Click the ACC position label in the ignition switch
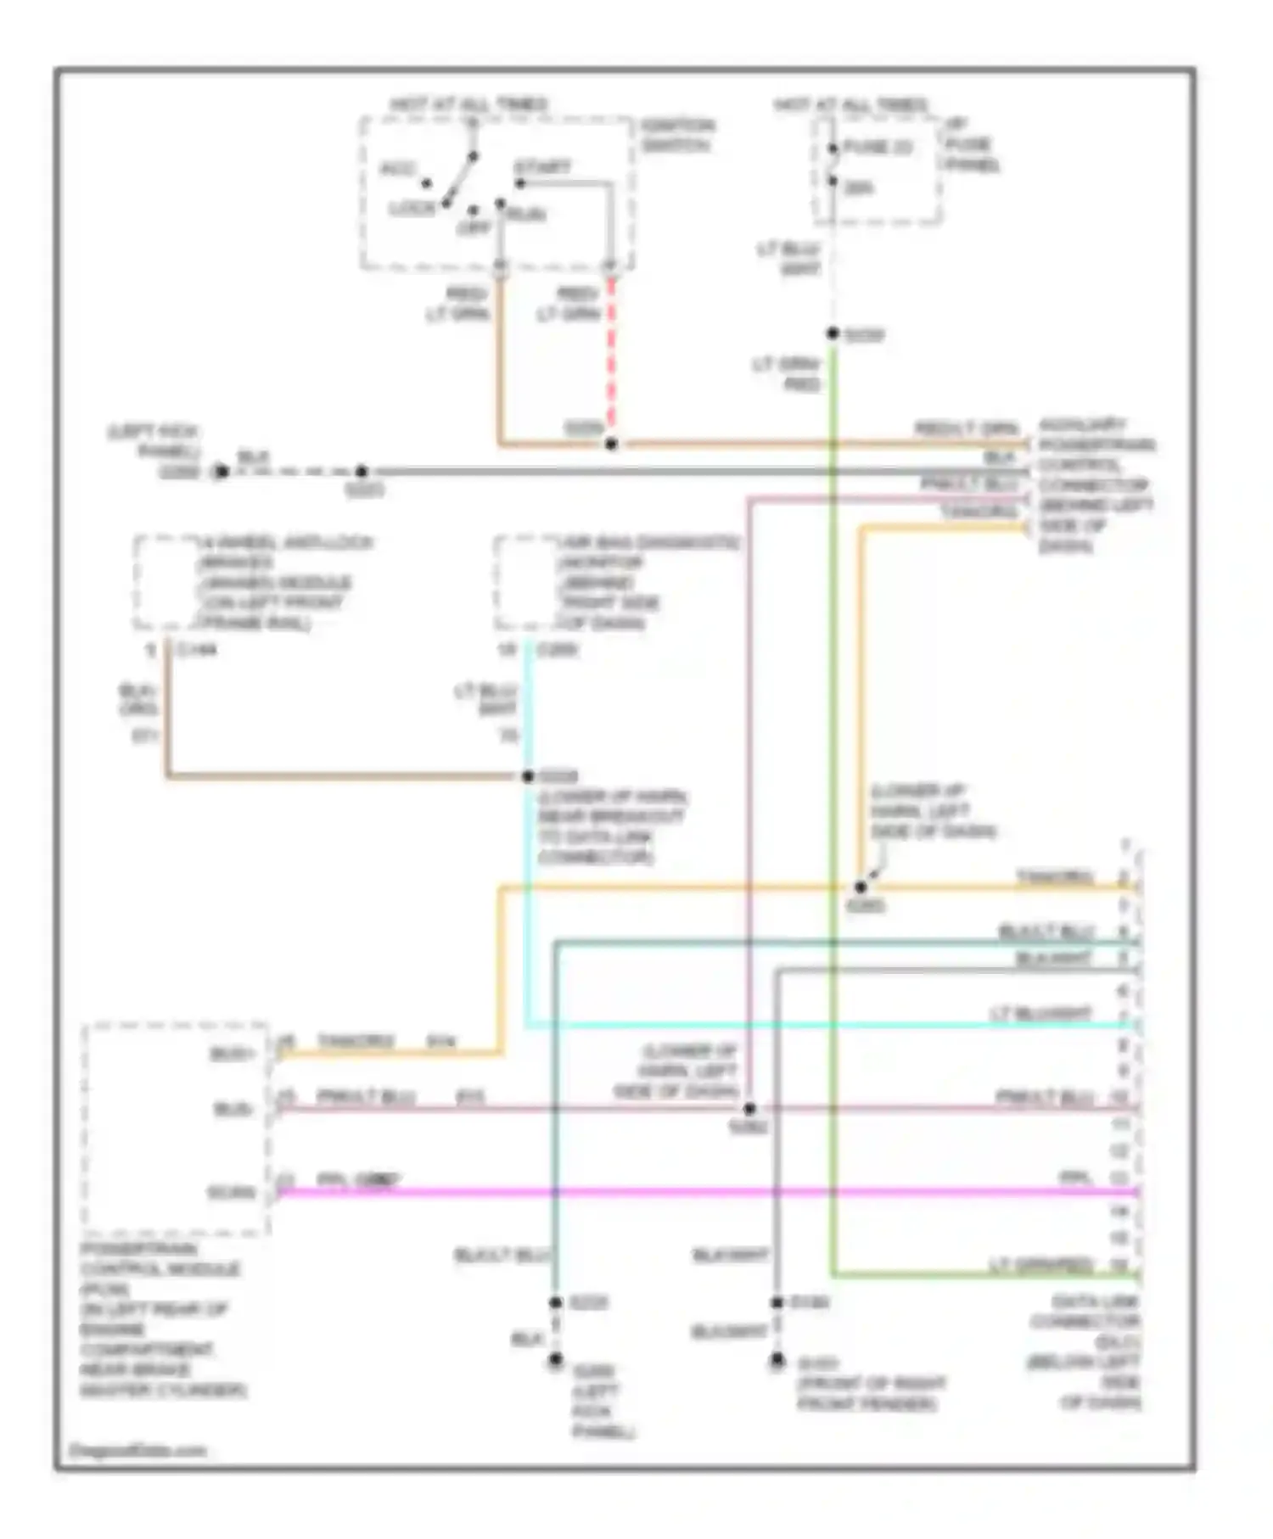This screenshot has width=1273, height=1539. (397, 169)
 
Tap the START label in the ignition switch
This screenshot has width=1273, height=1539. (542, 167)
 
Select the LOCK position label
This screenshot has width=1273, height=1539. (412, 209)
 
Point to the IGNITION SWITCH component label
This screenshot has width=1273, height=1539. (677, 135)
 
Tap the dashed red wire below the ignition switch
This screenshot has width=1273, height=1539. (610, 356)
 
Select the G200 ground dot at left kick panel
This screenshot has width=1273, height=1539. (221, 472)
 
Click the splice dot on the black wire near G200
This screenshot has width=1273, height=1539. (362, 472)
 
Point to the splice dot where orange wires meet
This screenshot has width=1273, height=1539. (611, 444)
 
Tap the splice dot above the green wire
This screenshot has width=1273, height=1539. (833, 334)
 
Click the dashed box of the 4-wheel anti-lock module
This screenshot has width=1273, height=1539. (165, 584)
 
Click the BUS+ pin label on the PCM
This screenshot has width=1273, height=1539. (232, 1055)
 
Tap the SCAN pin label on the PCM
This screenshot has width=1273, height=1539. (231, 1193)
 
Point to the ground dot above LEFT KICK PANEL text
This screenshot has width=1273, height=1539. (555, 1360)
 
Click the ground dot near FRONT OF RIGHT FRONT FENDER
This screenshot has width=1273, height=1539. (777, 1361)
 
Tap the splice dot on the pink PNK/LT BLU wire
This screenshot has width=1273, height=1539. (749, 1109)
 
